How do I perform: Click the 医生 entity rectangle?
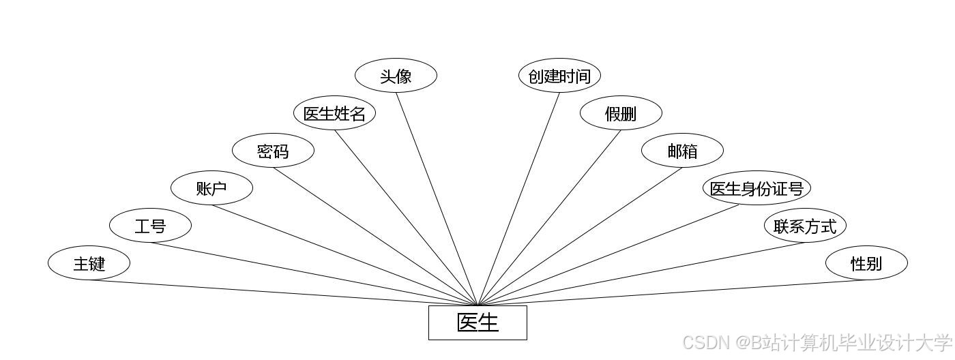pos(477,322)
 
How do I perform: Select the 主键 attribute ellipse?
pos(89,262)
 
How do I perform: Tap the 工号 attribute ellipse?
pos(150,225)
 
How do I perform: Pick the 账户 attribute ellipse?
pos(211,187)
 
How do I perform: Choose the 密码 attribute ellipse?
pos(273,151)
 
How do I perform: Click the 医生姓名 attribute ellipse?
pos(334,113)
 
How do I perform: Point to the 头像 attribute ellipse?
pos(396,76)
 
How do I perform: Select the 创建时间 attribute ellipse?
pos(559,76)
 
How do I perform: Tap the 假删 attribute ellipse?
pos(621,113)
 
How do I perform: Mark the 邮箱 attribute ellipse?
pos(682,151)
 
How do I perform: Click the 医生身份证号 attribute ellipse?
pos(756,188)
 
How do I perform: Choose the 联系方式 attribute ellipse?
pos(805,225)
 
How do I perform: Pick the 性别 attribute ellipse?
pos(866,262)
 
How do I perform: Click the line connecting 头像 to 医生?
pos(437,198)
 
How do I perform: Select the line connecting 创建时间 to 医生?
pos(518,198)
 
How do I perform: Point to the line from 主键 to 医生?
pos(283,292)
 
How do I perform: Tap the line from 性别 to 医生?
pos(672,292)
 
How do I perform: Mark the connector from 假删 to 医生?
pos(549,217)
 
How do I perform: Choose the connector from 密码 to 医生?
pos(375,236)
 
